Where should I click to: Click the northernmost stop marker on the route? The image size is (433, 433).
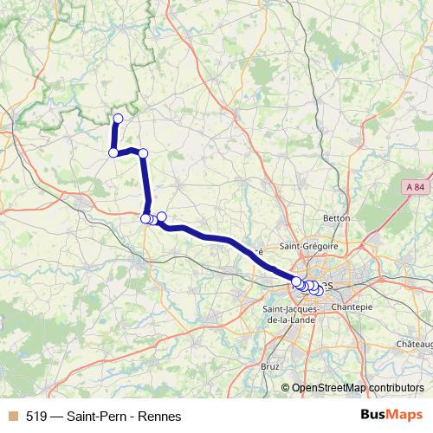[x=119, y=119]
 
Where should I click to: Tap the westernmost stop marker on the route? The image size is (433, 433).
[x=113, y=153]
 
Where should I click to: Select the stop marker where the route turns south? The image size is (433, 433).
[x=144, y=153]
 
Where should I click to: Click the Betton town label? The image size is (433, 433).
[x=336, y=218]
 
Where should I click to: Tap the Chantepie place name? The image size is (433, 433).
[x=352, y=307]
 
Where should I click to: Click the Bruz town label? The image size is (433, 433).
[x=270, y=366]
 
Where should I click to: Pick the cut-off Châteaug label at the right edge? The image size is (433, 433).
[x=415, y=345]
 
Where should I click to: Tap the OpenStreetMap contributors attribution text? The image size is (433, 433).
[x=358, y=388]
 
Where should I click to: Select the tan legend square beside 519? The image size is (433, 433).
[x=13, y=416]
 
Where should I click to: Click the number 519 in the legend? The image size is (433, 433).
[x=36, y=416]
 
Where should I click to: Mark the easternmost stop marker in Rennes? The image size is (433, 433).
[x=318, y=291]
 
